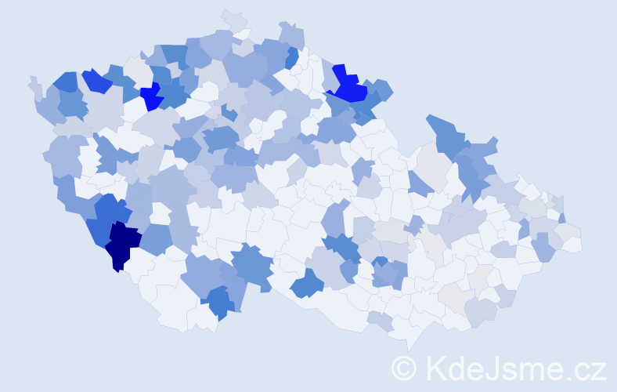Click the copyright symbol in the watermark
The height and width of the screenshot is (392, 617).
coord(404,368)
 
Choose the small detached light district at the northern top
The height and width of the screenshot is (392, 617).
coord(233,20)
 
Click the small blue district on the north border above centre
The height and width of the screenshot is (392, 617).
coord(292,57)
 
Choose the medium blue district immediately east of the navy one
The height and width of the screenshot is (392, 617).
coord(156,240)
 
